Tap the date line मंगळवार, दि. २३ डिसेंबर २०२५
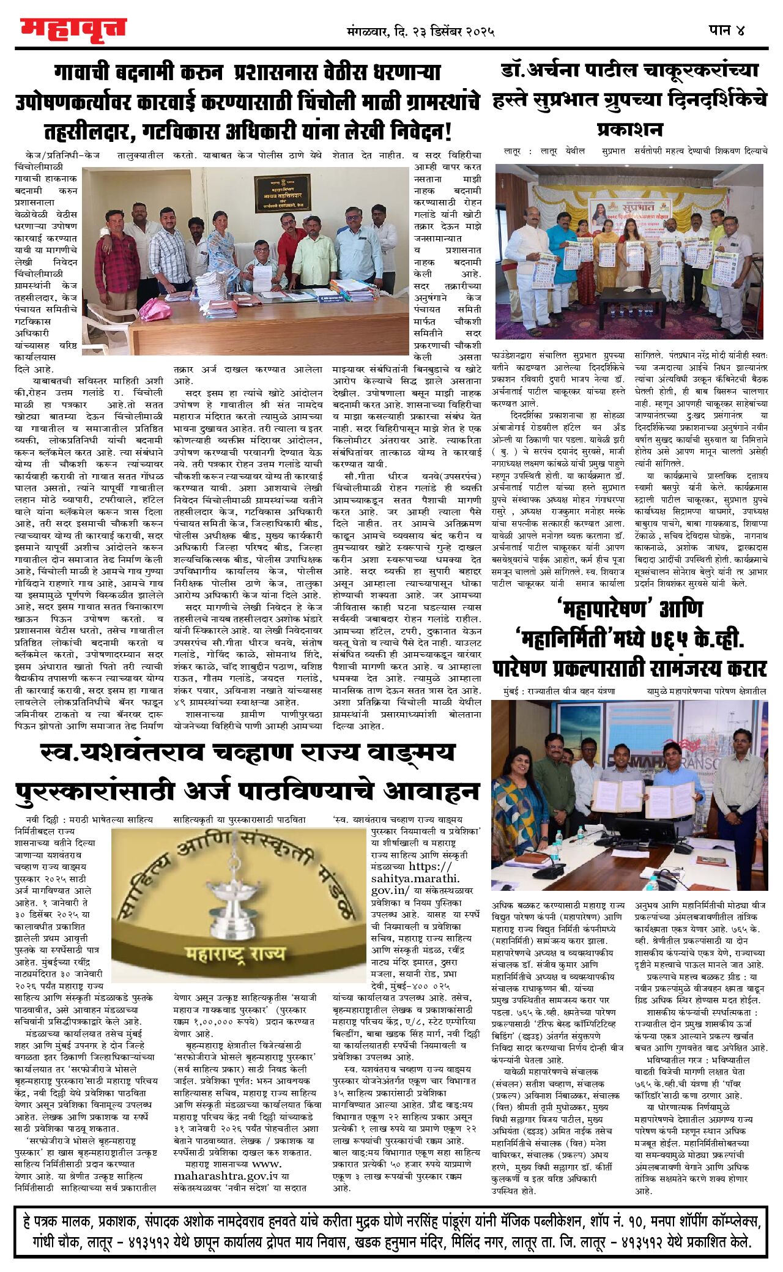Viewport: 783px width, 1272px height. [x=420, y=31]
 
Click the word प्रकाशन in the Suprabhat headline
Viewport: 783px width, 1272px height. [x=629, y=130]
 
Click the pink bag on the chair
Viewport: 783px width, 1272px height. [x=155, y=308]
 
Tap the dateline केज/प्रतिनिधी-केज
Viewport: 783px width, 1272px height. [x=62, y=155]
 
